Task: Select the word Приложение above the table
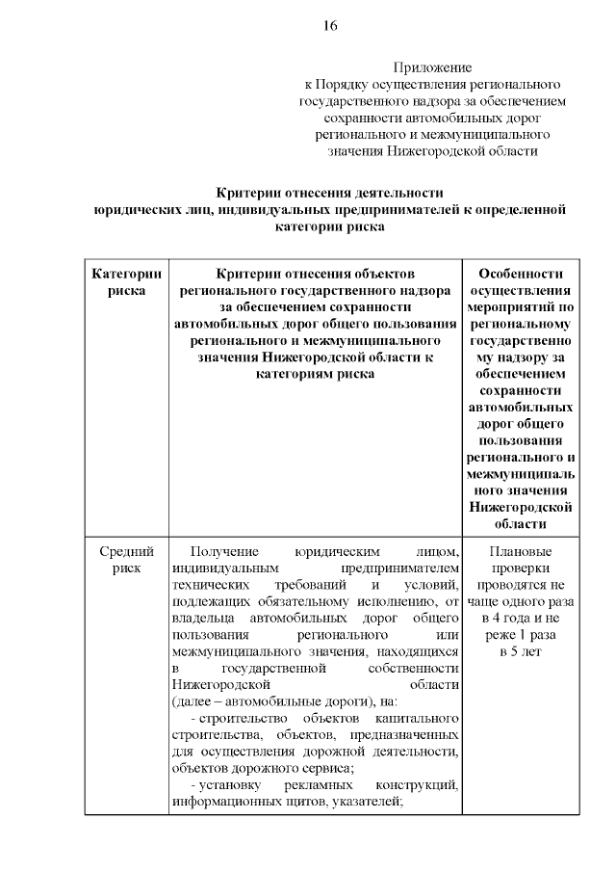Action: pyautogui.click(x=432, y=67)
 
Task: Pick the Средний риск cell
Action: pyautogui.click(x=126, y=560)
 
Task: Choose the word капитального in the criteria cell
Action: pyautogui.click(x=417, y=720)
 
